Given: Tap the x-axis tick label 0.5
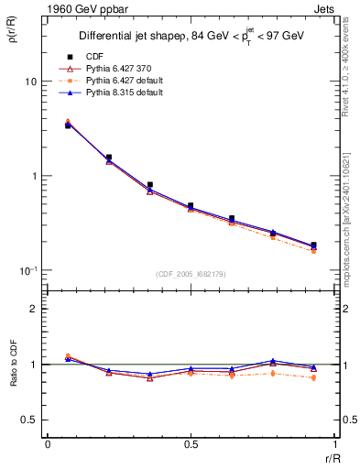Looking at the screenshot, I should (191, 445).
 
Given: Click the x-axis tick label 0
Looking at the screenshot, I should (48, 445).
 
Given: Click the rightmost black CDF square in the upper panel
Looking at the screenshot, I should (313, 245).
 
